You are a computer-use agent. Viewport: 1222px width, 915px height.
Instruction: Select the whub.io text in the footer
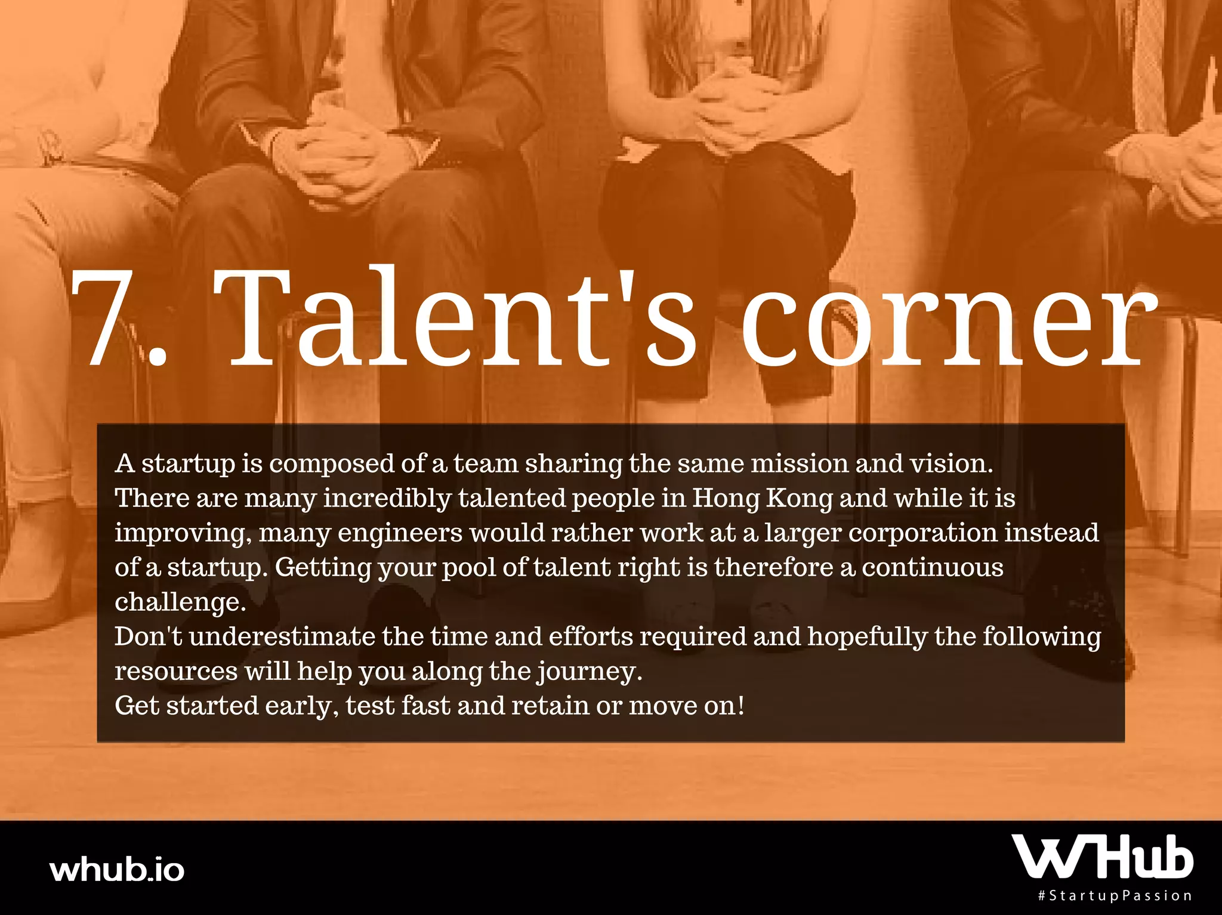click(118, 869)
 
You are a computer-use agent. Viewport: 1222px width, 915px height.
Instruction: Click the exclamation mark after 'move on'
click(742, 706)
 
